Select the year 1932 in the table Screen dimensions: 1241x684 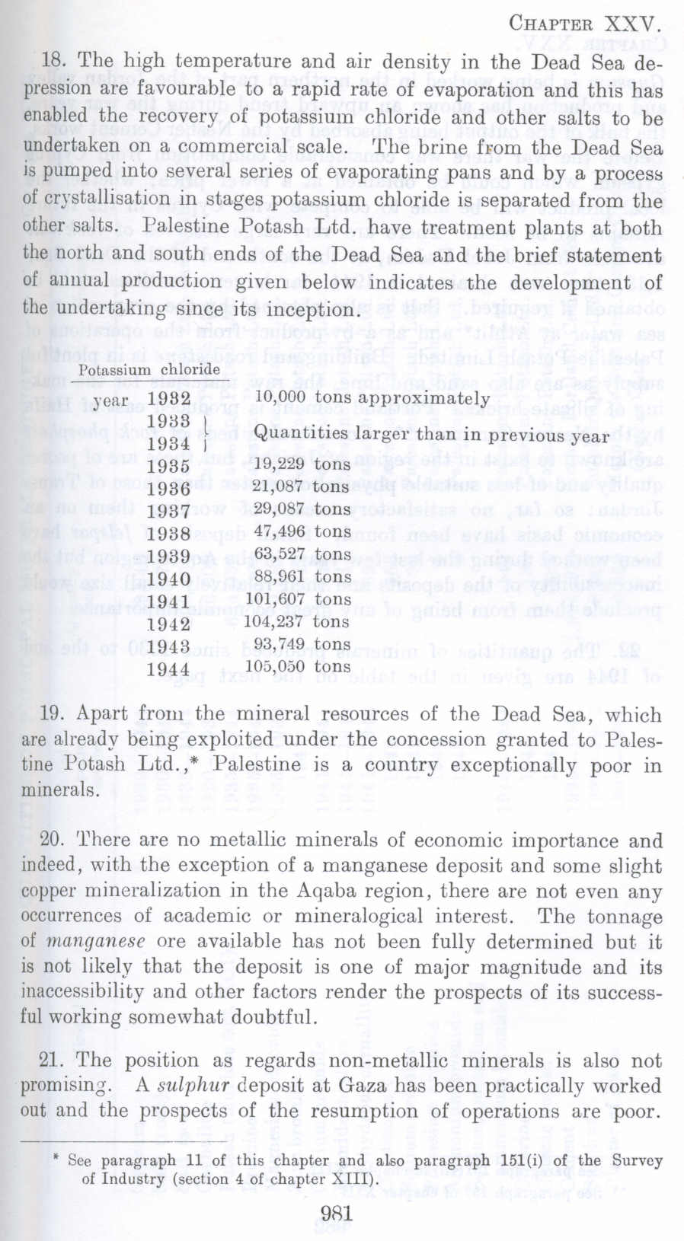tap(169, 400)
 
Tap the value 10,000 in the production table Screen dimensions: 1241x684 tap(280, 397)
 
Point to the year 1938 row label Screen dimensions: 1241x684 tap(169, 533)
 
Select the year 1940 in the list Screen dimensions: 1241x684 tap(169, 579)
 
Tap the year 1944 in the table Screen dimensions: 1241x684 tap(169, 669)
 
